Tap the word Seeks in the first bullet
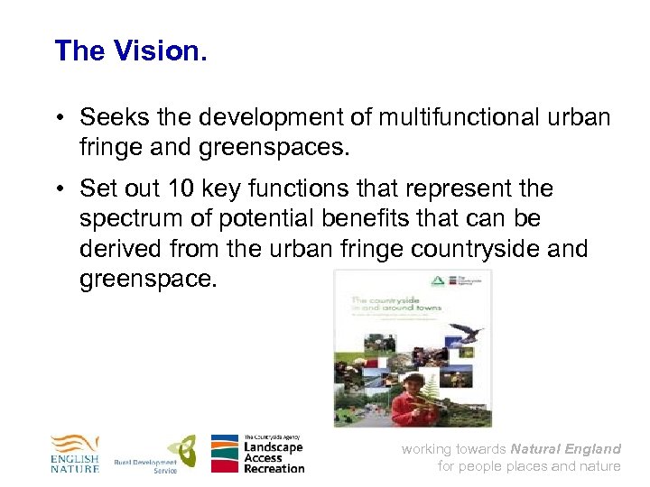[111, 117]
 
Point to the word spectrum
[133, 219]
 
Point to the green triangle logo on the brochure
[440, 281]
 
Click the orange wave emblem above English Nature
[73, 445]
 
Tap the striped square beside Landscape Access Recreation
[225, 454]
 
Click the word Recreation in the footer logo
[274, 467]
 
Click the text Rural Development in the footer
[144, 462]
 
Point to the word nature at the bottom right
[600, 466]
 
